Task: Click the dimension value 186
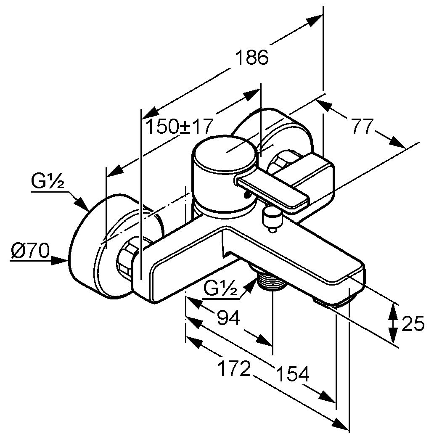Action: tap(251, 57)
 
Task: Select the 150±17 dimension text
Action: tap(180, 126)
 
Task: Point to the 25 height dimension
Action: tap(413, 324)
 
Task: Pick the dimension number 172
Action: tap(234, 369)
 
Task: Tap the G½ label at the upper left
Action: tap(47, 182)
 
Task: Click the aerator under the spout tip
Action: tap(332, 302)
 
